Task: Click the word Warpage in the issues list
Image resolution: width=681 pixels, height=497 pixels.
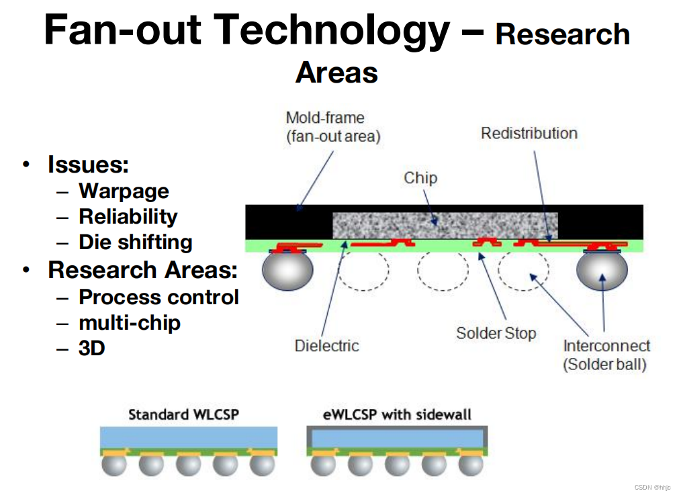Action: [124, 191]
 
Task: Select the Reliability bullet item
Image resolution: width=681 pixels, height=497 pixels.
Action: [128, 217]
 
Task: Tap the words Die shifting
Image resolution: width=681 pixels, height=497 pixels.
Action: [135, 242]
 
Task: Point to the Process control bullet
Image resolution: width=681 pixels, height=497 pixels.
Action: [158, 297]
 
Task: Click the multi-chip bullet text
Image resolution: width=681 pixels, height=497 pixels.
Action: [130, 323]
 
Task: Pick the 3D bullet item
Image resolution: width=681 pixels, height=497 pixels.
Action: [92, 349]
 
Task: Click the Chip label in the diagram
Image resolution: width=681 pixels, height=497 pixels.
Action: [420, 178]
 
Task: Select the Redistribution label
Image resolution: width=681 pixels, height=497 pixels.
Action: [529, 133]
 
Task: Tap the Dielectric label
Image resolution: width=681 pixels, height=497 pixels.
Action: [327, 346]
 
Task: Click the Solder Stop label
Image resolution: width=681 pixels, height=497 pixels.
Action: [496, 333]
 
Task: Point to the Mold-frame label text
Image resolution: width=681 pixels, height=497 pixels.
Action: [325, 118]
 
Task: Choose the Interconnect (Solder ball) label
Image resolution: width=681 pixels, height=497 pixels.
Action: [606, 355]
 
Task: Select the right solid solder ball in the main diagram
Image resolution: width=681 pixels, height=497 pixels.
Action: [602, 270]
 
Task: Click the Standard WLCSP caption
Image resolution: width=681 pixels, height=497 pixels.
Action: [183, 414]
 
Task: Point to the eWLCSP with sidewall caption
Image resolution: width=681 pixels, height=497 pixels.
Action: [397, 414]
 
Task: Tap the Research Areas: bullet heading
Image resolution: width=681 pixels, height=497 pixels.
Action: [142, 270]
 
